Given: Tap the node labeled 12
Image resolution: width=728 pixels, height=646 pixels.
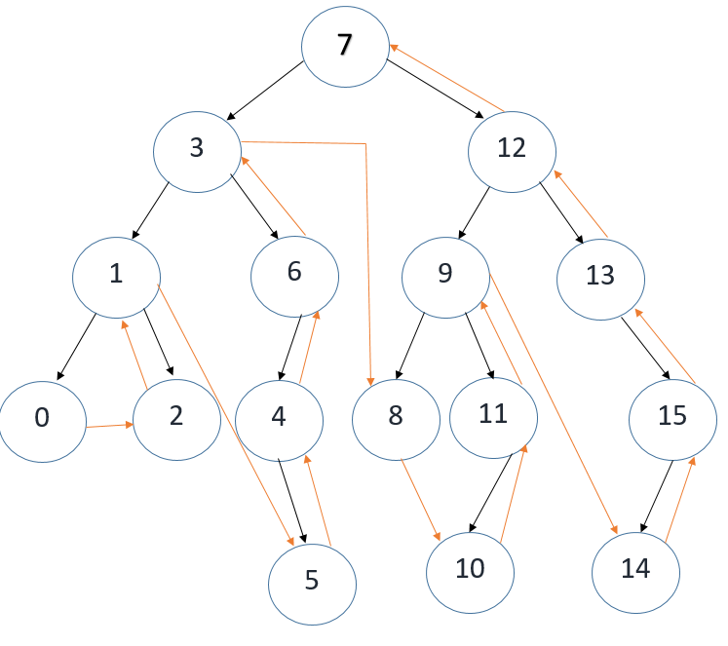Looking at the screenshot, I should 512,148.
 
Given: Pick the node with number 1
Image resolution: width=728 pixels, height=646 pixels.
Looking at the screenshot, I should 116,274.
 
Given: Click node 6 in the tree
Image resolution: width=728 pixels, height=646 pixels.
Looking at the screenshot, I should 294,273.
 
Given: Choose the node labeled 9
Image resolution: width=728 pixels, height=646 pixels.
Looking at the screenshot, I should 445,274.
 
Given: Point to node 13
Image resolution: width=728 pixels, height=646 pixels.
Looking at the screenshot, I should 600,276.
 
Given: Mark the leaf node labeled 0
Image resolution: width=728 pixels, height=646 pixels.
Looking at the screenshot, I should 42,419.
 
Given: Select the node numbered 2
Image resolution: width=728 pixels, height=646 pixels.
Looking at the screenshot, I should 175,417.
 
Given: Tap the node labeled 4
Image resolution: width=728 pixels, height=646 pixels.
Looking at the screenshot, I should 280,419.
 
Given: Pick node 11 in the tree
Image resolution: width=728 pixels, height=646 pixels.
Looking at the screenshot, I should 493,415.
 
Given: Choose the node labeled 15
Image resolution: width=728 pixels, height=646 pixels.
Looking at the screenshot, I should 672,417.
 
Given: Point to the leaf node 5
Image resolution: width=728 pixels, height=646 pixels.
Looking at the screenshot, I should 312,582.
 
